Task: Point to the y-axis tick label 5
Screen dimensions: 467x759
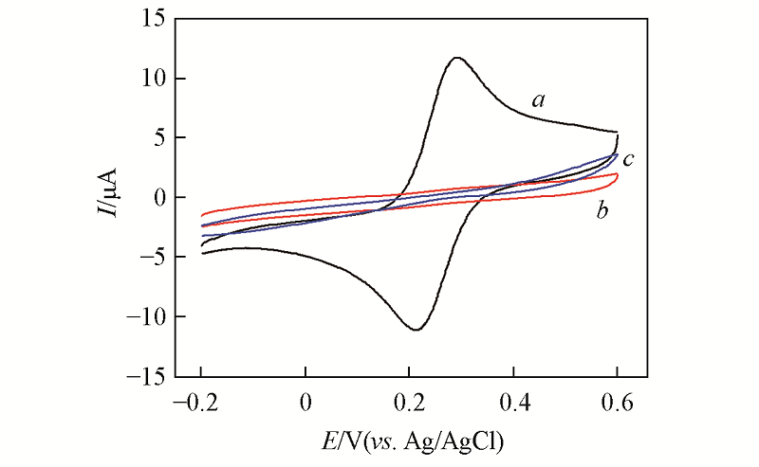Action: pyautogui.click(x=154, y=138)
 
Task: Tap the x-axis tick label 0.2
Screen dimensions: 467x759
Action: pyautogui.click(x=409, y=401)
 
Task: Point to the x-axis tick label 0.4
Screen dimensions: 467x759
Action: pyautogui.click(x=513, y=401)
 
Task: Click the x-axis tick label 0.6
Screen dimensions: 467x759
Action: pyautogui.click(x=618, y=401)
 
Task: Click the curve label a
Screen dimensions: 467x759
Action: pyautogui.click(x=539, y=99)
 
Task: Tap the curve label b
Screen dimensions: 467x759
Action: pyautogui.click(x=602, y=210)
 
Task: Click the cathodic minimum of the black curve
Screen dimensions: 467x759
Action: pyautogui.click(x=417, y=330)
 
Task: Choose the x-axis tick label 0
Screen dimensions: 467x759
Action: pyautogui.click(x=305, y=401)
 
